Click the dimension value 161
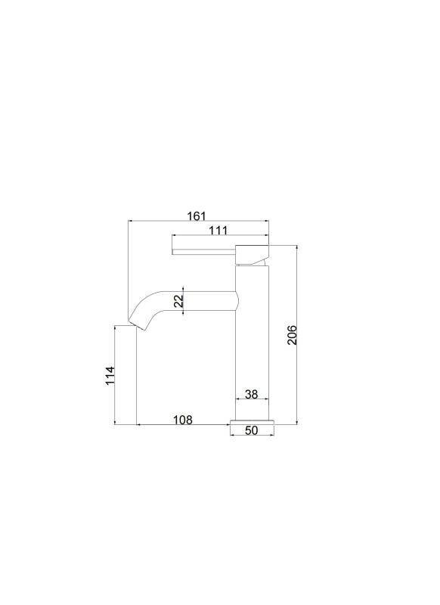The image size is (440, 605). point(197,216)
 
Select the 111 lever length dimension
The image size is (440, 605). point(218,231)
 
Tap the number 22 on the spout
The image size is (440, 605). point(178,301)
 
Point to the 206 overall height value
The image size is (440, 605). point(292,335)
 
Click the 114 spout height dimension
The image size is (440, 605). point(110,375)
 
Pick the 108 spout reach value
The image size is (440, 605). point(182,420)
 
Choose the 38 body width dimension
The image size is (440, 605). point(252,394)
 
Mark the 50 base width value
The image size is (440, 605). point(252,430)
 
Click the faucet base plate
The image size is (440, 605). point(252,422)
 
